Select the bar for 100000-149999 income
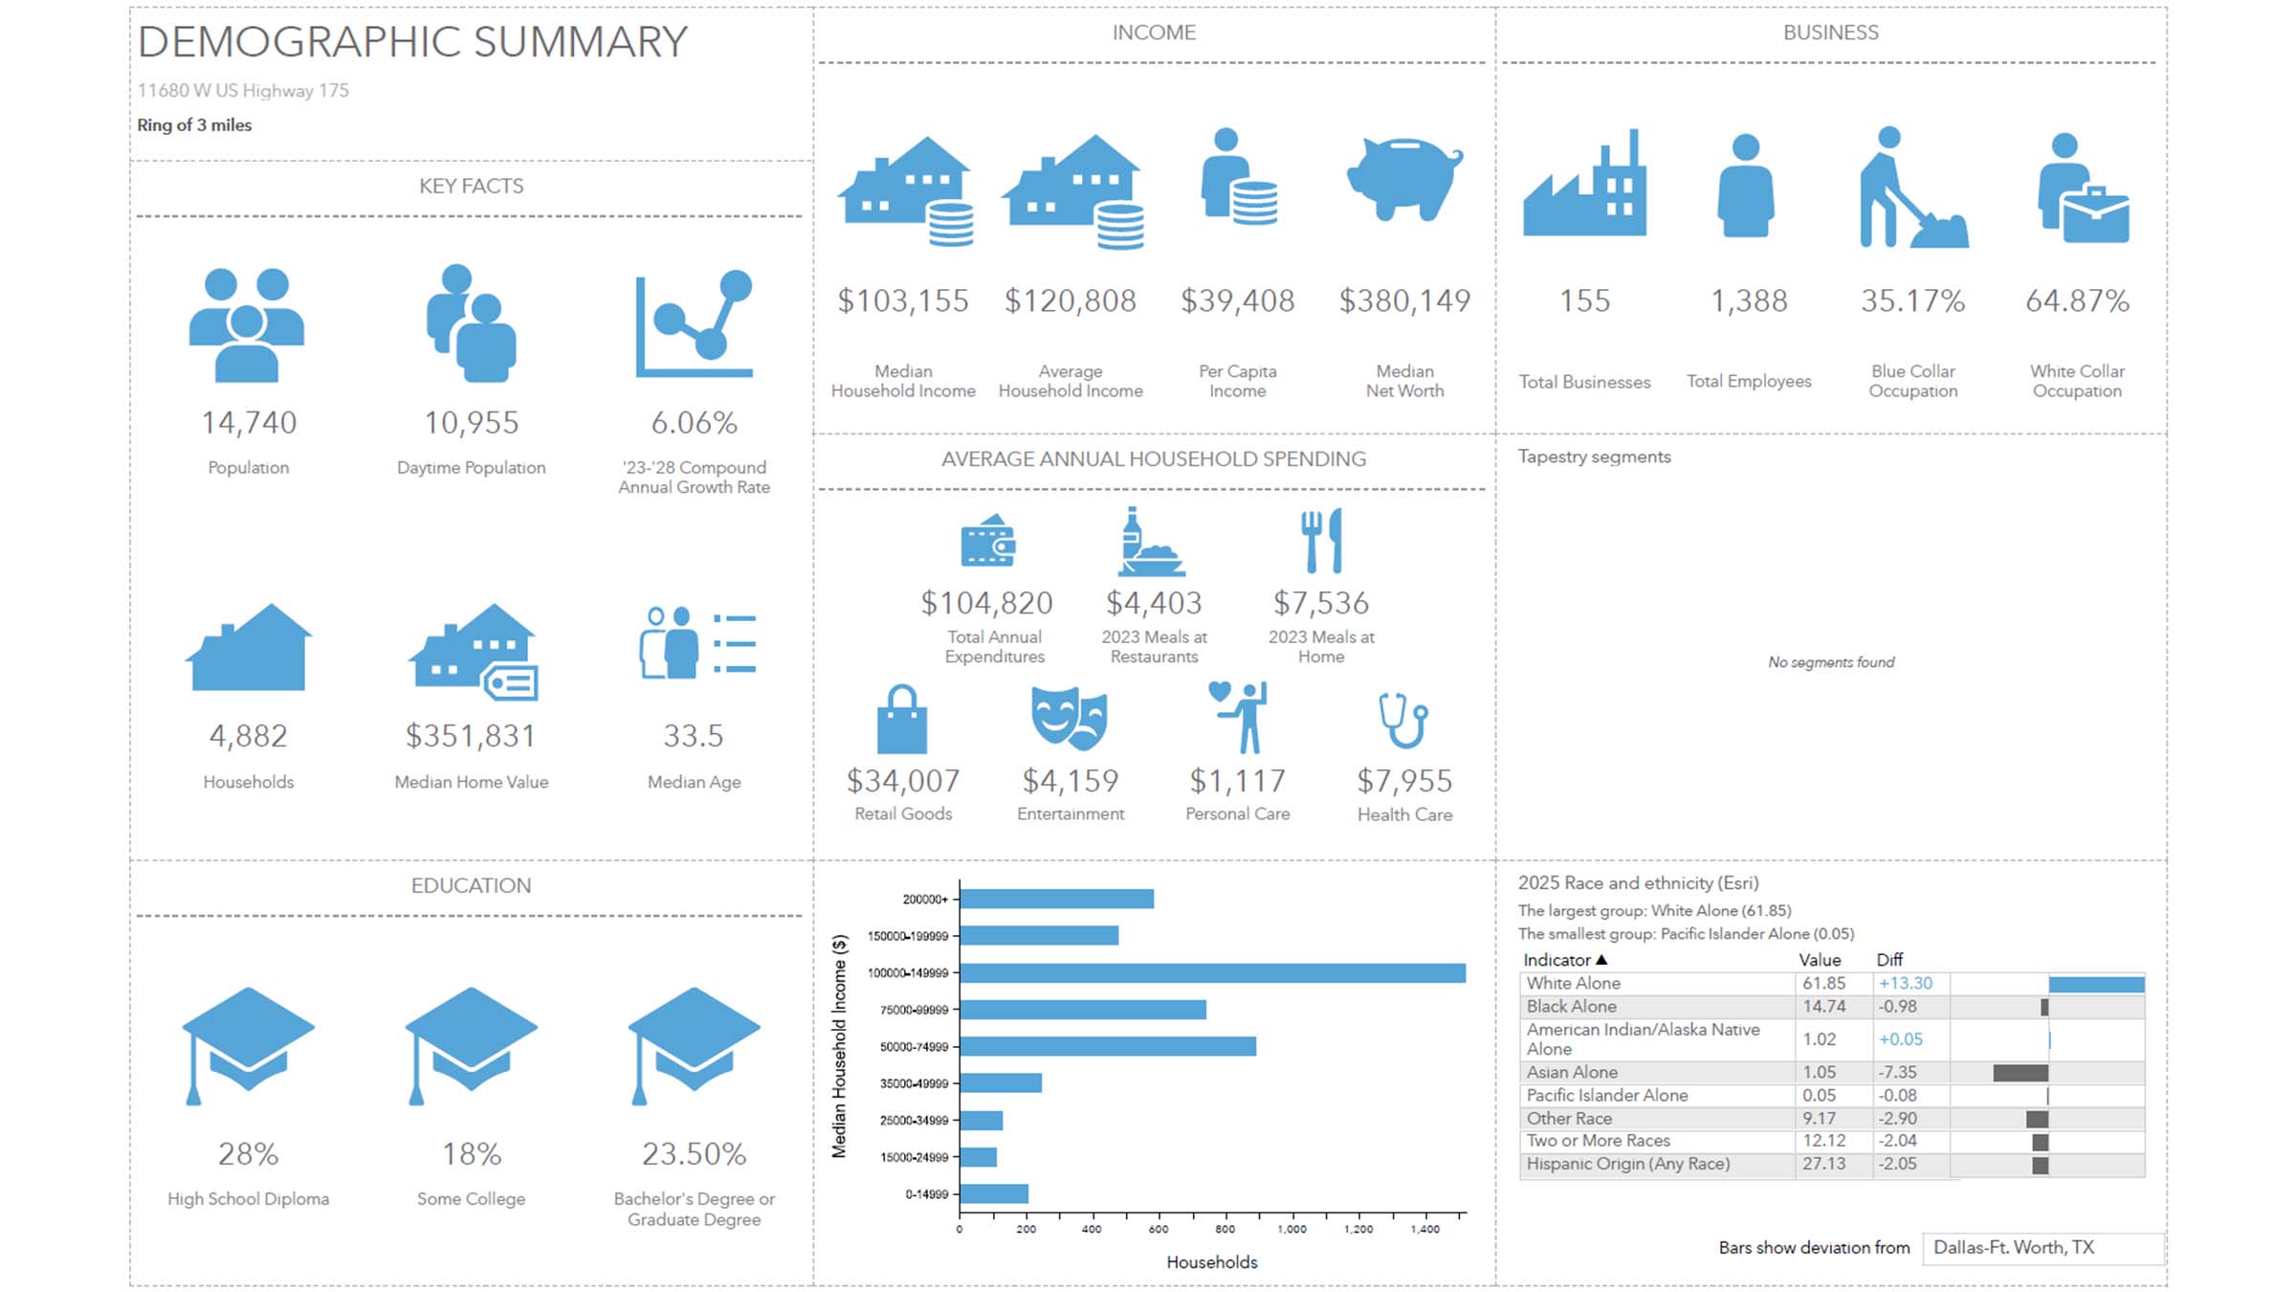tap(1211, 972)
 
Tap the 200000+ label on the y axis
tap(924, 900)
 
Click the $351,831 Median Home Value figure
tap(471, 736)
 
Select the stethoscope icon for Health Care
tap(1403, 720)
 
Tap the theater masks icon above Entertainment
tap(1070, 718)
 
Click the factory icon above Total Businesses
tap(1585, 187)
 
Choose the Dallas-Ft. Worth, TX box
tap(2042, 1247)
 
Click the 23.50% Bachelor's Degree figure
tap(694, 1154)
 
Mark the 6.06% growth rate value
tap(694, 423)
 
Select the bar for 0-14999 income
tap(994, 1193)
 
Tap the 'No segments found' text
tap(1830, 662)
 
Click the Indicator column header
tap(1556, 960)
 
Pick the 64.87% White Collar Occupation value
tap(2077, 301)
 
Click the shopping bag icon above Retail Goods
tap(901, 720)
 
